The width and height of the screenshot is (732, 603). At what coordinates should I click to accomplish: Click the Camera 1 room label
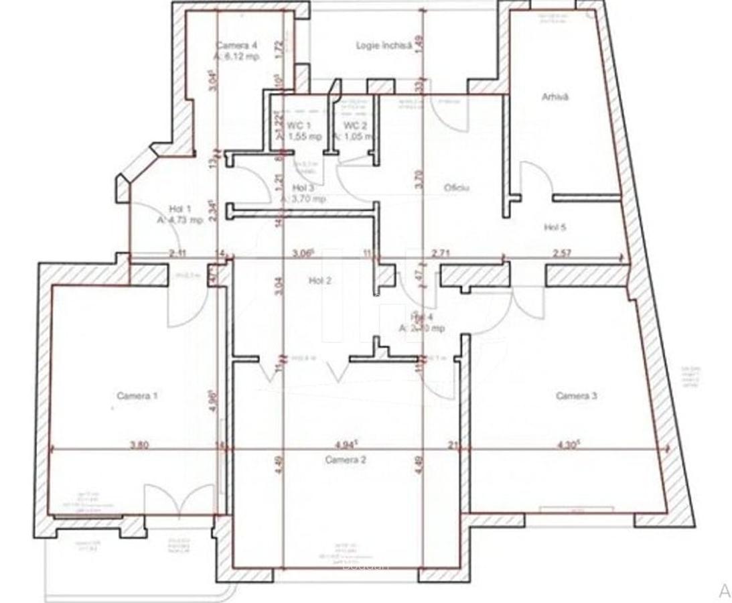pyautogui.click(x=137, y=396)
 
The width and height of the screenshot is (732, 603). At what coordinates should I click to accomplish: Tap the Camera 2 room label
pyautogui.click(x=346, y=460)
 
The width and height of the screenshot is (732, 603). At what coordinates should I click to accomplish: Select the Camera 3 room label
pyautogui.click(x=577, y=396)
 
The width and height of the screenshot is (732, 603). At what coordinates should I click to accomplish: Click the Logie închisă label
pyautogui.click(x=379, y=46)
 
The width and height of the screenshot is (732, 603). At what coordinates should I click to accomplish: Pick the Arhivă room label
pyautogui.click(x=555, y=97)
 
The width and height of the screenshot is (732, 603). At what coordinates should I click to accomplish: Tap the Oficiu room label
pyautogui.click(x=456, y=188)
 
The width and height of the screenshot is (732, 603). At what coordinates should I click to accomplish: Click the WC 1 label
pyautogui.click(x=299, y=126)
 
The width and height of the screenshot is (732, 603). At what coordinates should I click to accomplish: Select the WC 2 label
pyautogui.click(x=355, y=126)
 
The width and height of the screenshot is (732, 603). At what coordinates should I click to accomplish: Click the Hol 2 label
pyautogui.click(x=319, y=281)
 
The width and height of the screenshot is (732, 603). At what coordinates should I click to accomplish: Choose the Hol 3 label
pyautogui.click(x=304, y=188)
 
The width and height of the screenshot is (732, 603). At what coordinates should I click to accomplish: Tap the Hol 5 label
pyautogui.click(x=555, y=228)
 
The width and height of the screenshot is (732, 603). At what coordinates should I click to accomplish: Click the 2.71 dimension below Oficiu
pyautogui.click(x=441, y=253)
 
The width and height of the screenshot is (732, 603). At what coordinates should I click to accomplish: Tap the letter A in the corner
pyautogui.click(x=724, y=591)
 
